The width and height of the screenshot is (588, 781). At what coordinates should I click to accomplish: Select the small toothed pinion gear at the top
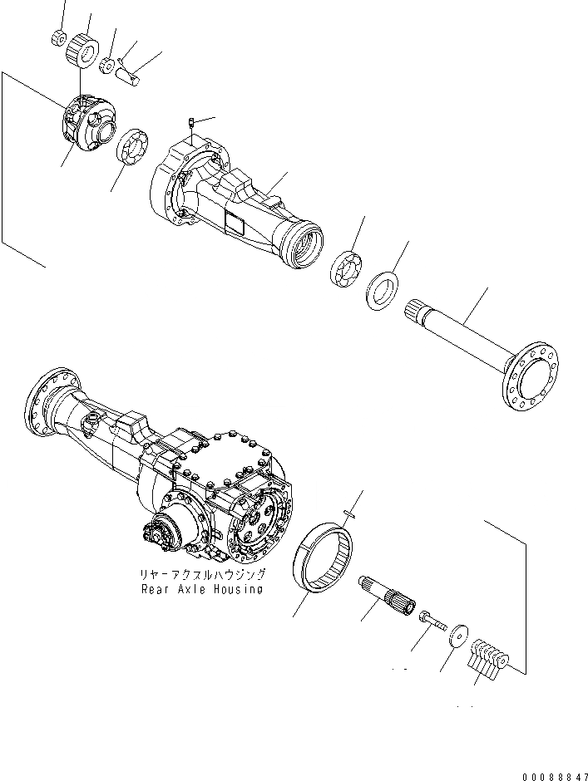[x=82, y=48]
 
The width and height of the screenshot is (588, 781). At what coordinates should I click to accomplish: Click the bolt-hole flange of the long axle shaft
[x=531, y=377]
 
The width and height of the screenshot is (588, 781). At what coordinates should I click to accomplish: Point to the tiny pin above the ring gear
[x=351, y=513]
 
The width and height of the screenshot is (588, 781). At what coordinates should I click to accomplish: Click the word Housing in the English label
[x=237, y=589]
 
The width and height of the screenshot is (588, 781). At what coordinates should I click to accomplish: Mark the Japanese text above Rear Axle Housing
[x=204, y=575]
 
